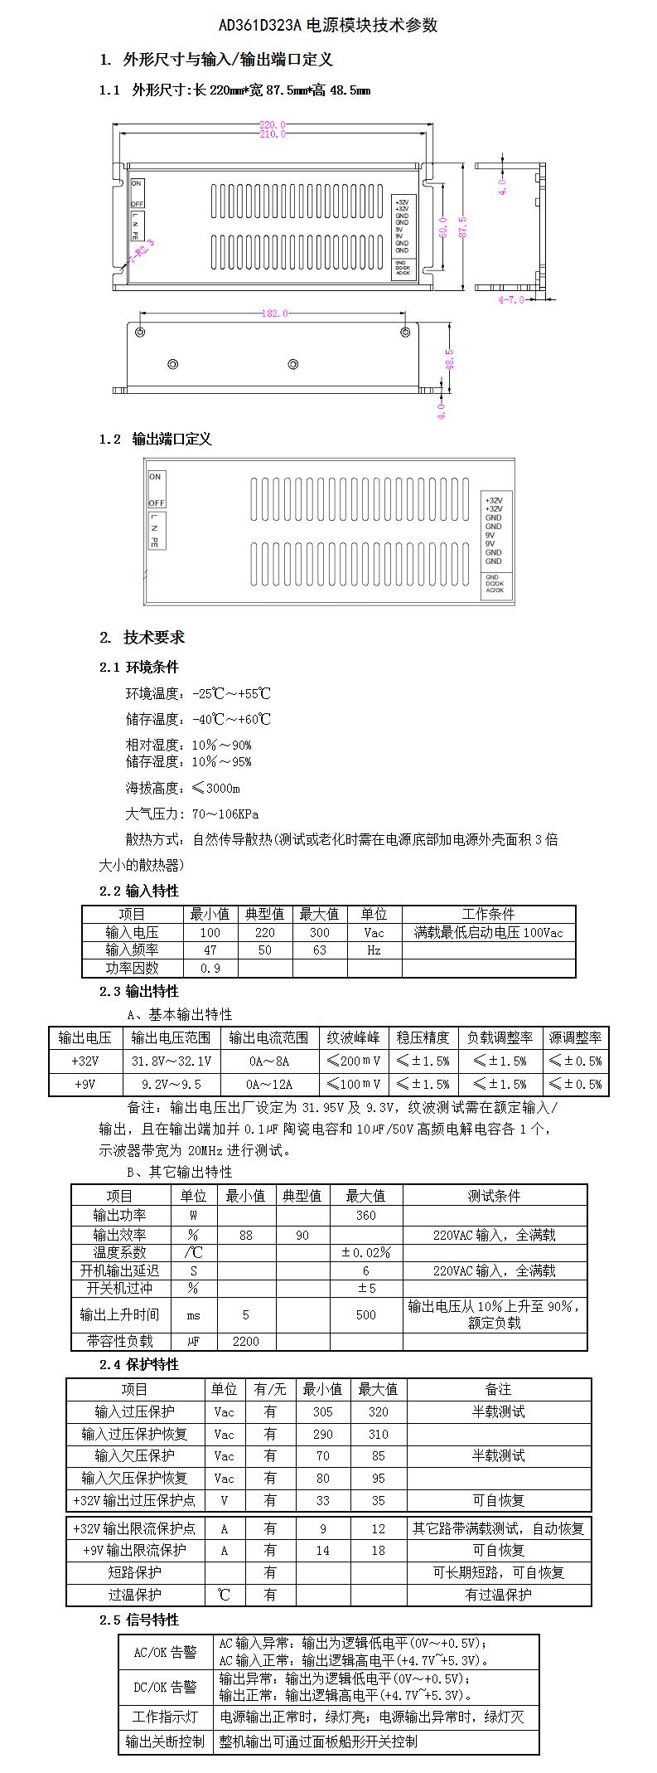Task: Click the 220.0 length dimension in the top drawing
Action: pyautogui.click(x=273, y=125)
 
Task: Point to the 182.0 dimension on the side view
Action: pyautogui.click(x=274, y=313)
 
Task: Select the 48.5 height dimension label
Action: pyautogui.click(x=450, y=359)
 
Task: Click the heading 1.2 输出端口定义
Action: pyautogui.click(x=156, y=439)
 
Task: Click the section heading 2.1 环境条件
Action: pyautogui.click(x=139, y=667)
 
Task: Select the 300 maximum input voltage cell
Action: pyautogui.click(x=319, y=932)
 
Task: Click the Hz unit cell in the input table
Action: pyautogui.click(x=374, y=950)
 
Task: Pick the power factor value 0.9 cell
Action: pyautogui.click(x=210, y=968)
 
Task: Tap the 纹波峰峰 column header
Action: pyautogui.click(x=353, y=1037)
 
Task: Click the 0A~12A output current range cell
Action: pyautogui.click(x=268, y=1084)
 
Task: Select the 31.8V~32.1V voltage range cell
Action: pyautogui.click(x=171, y=1061)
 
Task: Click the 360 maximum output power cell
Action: pyautogui.click(x=365, y=1215)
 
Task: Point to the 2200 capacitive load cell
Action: pyautogui.click(x=245, y=1341)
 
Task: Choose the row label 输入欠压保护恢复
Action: pyautogui.click(x=134, y=1478)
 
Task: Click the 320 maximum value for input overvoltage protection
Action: pyautogui.click(x=378, y=1411)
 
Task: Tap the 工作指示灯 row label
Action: pyautogui.click(x=166, y=1717)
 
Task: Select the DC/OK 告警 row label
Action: pyautogui.click(x=166, y=1687)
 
